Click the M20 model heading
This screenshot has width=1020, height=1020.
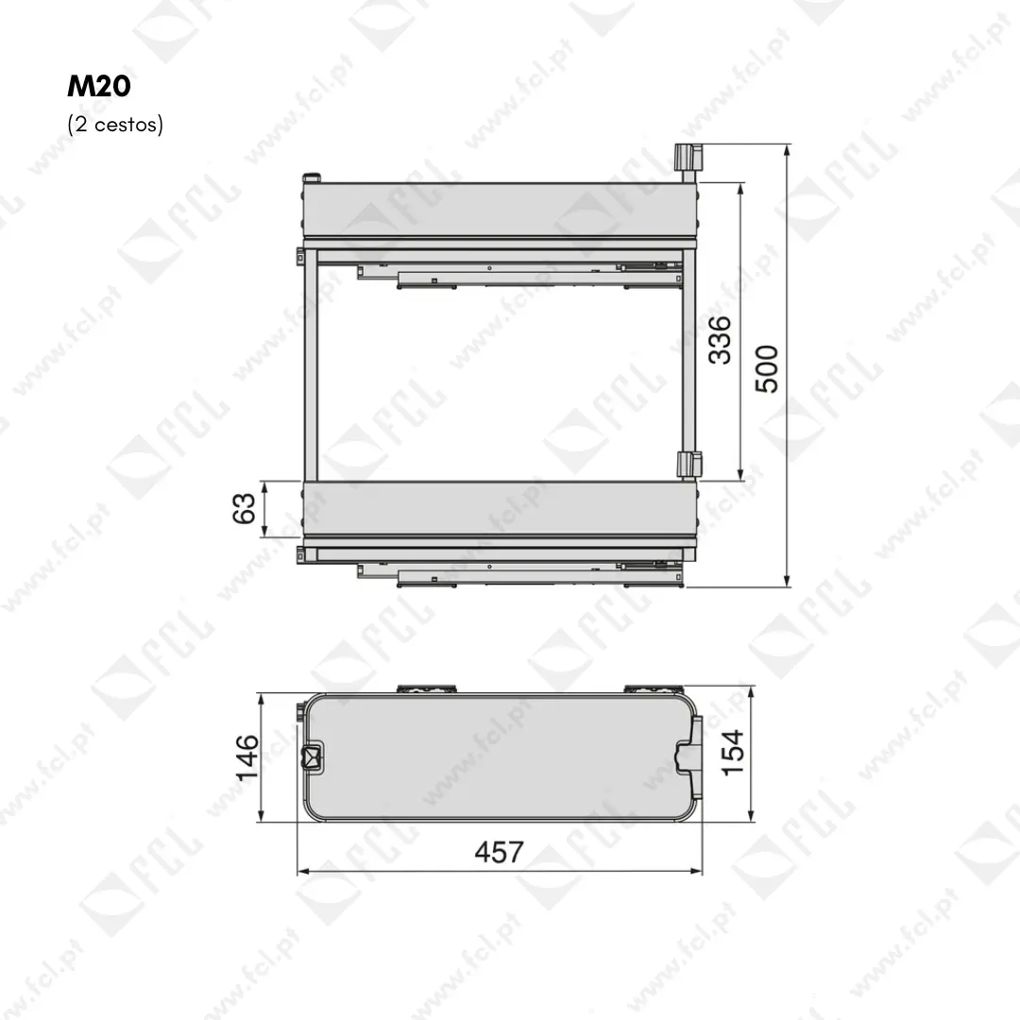point(99,86)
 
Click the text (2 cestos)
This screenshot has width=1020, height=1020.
point(115,124)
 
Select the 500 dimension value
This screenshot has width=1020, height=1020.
point(766,369)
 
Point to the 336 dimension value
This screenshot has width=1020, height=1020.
point(720,340)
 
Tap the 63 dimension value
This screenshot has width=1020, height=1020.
point(244,508)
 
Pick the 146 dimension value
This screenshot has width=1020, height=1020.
point(246,757)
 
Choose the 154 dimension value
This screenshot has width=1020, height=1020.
point(733,753)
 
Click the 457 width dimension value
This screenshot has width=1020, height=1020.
point(499,852)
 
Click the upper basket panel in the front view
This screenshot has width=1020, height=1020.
point(500,210)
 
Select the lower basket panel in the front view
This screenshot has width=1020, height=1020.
point(500,508)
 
